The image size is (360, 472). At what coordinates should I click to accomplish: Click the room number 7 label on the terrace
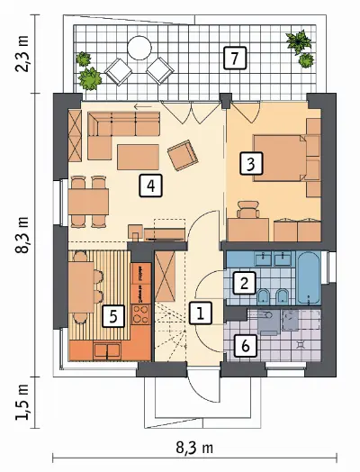click(x=235, y=59)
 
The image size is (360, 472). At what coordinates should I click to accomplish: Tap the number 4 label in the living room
click(x=150, y=186)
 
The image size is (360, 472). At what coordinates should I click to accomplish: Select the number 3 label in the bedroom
click(x=251, y=164)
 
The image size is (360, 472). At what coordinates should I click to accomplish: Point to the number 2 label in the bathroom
click(x=244, y=283)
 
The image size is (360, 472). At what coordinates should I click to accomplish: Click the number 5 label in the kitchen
click(x=113, y=316)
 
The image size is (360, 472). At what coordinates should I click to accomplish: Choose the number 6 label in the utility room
click(x=246, y=346)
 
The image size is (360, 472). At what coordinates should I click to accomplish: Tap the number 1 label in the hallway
click(x=201, y=313)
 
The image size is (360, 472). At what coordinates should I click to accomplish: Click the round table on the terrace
click(x=139, y=48)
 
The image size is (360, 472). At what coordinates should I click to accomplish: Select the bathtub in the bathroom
click(x=309, y=277)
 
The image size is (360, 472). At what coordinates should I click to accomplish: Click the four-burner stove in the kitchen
click(x=141, y=314)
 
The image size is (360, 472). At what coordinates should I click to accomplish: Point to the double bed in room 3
click(x=279, y=159)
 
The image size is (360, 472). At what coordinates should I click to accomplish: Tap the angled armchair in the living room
click(x=183, y=155)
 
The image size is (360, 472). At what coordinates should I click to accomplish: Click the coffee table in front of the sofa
click(x=138, y=157)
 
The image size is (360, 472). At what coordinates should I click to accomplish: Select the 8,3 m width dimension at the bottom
click(x=194, y=449)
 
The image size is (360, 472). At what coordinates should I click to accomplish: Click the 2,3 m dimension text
click(x=22, y=53)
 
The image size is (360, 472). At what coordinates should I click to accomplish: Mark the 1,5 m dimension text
click(x=22, y=402)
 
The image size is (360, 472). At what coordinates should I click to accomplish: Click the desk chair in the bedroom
click(x=248, y=209)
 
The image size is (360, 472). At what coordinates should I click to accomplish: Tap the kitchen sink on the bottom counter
click(x=107, y=350)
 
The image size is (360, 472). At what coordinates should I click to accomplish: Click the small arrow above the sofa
click(x=143, y=106)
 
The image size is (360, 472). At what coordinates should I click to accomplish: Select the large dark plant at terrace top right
click(x=298, y=41)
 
